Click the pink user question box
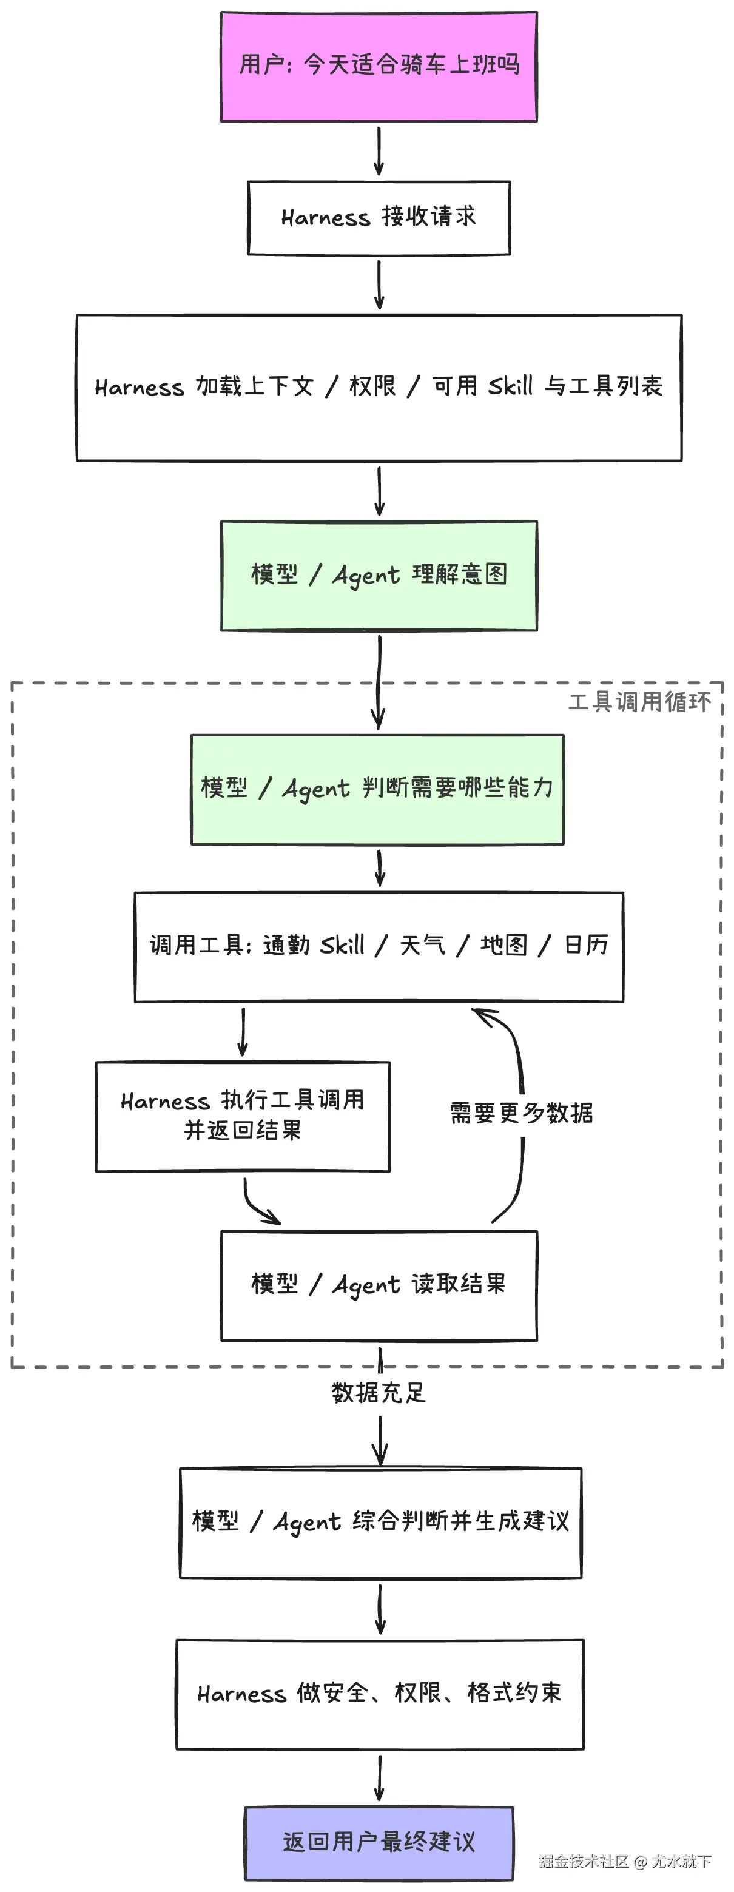click(379, 66)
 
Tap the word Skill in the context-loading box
click(511, 386)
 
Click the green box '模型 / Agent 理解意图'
click(379, 575)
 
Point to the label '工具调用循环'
click(640, 701)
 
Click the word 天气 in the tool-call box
click(422, 944)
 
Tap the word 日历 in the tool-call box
click(587, 944)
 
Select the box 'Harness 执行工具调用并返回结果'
click(243, 1116)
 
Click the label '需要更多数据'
click(522, 1113)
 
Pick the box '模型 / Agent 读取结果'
click(379, 1285)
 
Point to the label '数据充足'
click(379, 1392)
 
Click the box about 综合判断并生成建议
click(380, 1522)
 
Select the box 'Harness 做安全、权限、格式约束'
click(380, 1693)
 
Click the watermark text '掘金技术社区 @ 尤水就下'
click(625, 1860)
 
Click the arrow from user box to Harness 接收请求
click(379, 151)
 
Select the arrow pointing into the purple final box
click(380, 1777)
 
